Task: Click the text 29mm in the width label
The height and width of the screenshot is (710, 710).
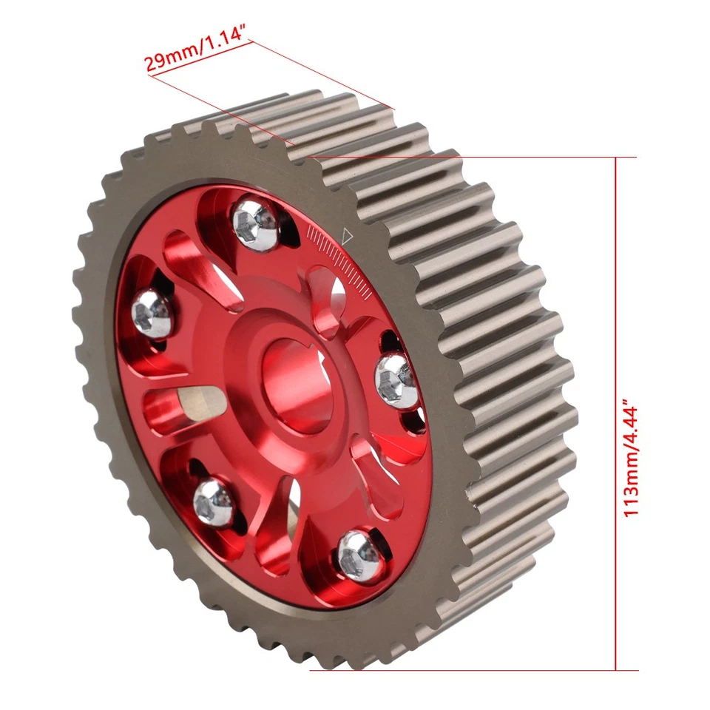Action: (168, 61)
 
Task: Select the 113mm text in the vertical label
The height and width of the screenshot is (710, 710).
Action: (630, 489)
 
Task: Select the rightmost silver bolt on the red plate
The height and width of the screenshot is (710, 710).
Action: (396, 379)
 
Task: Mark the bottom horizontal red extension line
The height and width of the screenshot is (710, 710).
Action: (473, 670)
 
